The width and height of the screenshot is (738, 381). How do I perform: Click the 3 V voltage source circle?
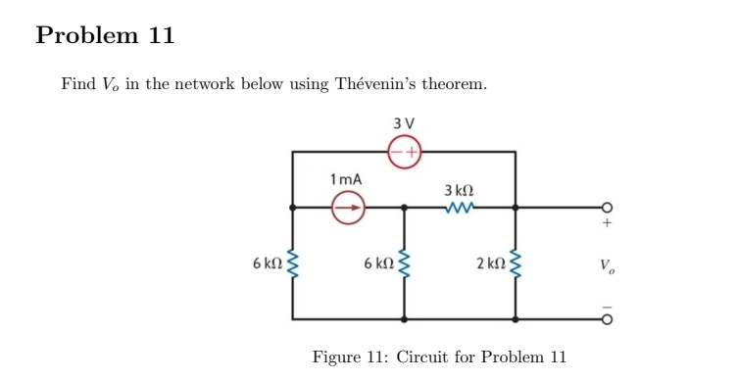click(x=404, y=152)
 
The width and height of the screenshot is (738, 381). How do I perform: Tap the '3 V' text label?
click(x=403, y=123)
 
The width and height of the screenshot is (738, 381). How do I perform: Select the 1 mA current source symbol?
click(x=347, y=207)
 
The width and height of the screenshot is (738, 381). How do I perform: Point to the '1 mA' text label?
click(x=346, y=179)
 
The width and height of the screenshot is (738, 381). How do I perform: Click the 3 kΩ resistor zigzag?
click(x=459, y=207)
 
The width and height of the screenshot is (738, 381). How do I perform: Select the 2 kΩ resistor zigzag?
click(x=516, y=263)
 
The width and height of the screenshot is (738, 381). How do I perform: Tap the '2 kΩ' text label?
click(x=486, y=263)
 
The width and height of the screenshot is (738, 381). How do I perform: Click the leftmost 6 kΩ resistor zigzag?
click(x=291, y=263)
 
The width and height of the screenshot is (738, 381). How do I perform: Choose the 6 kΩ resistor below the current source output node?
click(x=404, y=263)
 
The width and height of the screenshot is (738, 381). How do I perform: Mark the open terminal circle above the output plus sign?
click(x=607, y=207)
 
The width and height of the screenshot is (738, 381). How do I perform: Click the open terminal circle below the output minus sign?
click(x=607, y=319)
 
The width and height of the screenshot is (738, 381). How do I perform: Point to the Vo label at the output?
click(x=608, y=264)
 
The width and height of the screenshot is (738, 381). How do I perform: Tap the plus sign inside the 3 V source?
click(x=412, y=152)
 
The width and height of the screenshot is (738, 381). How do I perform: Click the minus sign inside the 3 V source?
click(x=395, y=152)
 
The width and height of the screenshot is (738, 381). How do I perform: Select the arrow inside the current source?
click(x=348, y=207)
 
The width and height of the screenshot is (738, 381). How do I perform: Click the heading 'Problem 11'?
click(x=105, y=36)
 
